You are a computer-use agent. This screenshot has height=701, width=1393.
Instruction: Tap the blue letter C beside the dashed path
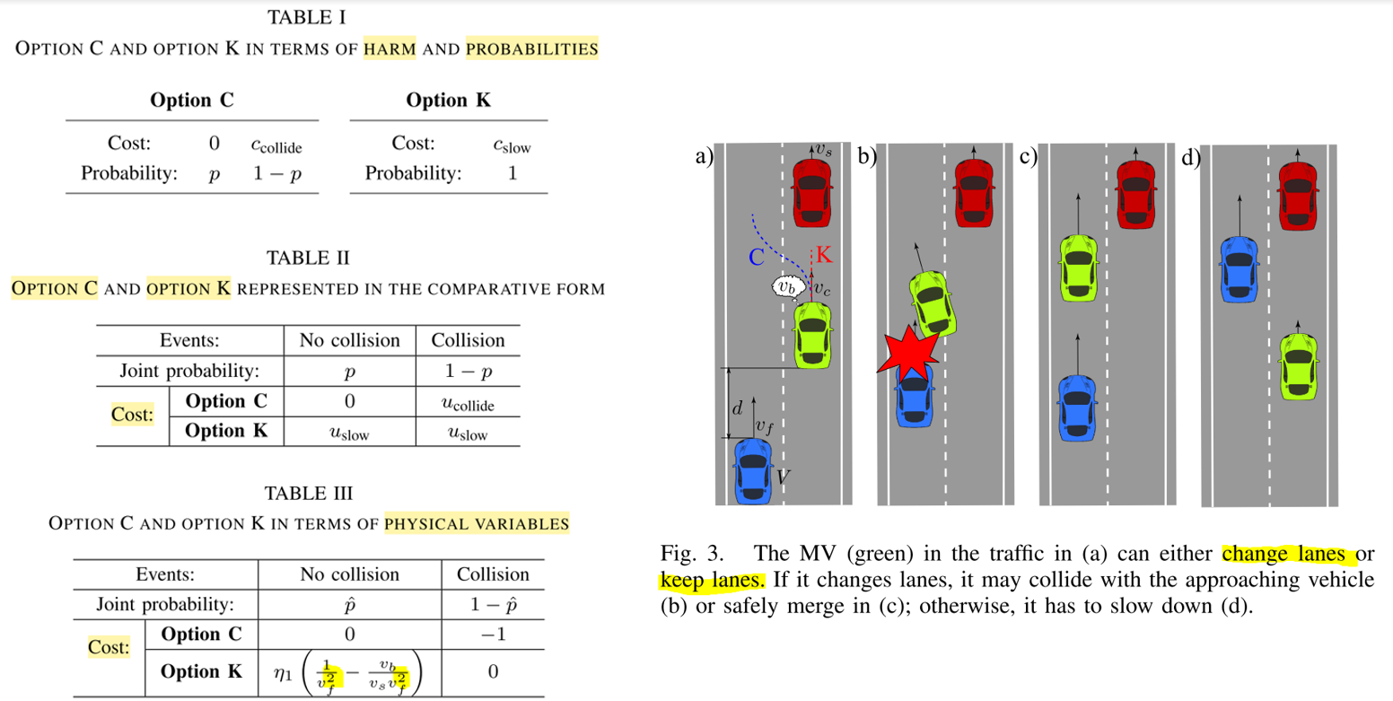click(x=756, y=257)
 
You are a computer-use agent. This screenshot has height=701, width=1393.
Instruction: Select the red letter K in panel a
click(x=824, y=254)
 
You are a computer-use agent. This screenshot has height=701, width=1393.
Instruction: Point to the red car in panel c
click(x=1136, y=192)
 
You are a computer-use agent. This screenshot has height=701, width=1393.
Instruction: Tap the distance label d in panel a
click(x=737, y=407)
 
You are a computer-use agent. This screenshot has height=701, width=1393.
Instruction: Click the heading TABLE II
click(x=307, y=258)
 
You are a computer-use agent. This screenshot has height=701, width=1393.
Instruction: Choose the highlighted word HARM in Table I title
click(x=389, y=48)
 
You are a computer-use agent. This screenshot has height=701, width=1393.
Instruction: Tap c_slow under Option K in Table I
click(x=511, y=144)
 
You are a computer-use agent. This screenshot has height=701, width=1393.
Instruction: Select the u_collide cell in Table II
click(x=468, y=403)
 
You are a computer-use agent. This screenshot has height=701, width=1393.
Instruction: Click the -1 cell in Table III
click(x=493, y=634)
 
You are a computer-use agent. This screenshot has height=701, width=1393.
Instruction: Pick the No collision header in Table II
click(x=349, y=340)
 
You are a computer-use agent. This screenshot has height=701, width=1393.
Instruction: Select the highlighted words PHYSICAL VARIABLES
click(x=477, y=522)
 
